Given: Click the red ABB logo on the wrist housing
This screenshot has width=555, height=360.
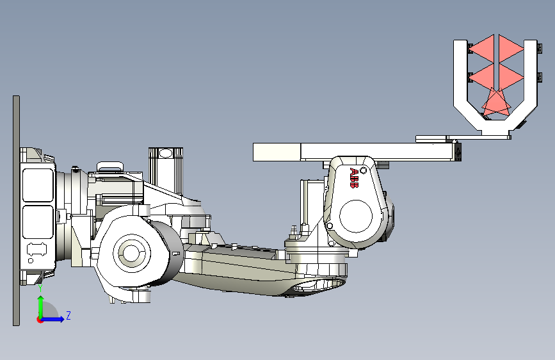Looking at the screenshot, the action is tap(354, 178).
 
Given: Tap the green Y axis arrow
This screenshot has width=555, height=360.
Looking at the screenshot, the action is tap(41, 307).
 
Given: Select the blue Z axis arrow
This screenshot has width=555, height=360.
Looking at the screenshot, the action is tap(52, 319).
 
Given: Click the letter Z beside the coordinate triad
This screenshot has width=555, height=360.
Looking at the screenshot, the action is tap(68, 315).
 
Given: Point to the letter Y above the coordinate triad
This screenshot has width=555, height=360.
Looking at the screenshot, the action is tap(40, 288).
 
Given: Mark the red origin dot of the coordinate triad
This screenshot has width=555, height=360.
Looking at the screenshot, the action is tap(39, 320).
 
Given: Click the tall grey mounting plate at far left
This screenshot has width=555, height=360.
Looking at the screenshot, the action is tap(16, 211).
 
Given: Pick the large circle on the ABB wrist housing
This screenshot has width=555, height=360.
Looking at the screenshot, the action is tap(356, 216).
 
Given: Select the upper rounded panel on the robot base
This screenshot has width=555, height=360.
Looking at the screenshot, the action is tap(38, 185).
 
